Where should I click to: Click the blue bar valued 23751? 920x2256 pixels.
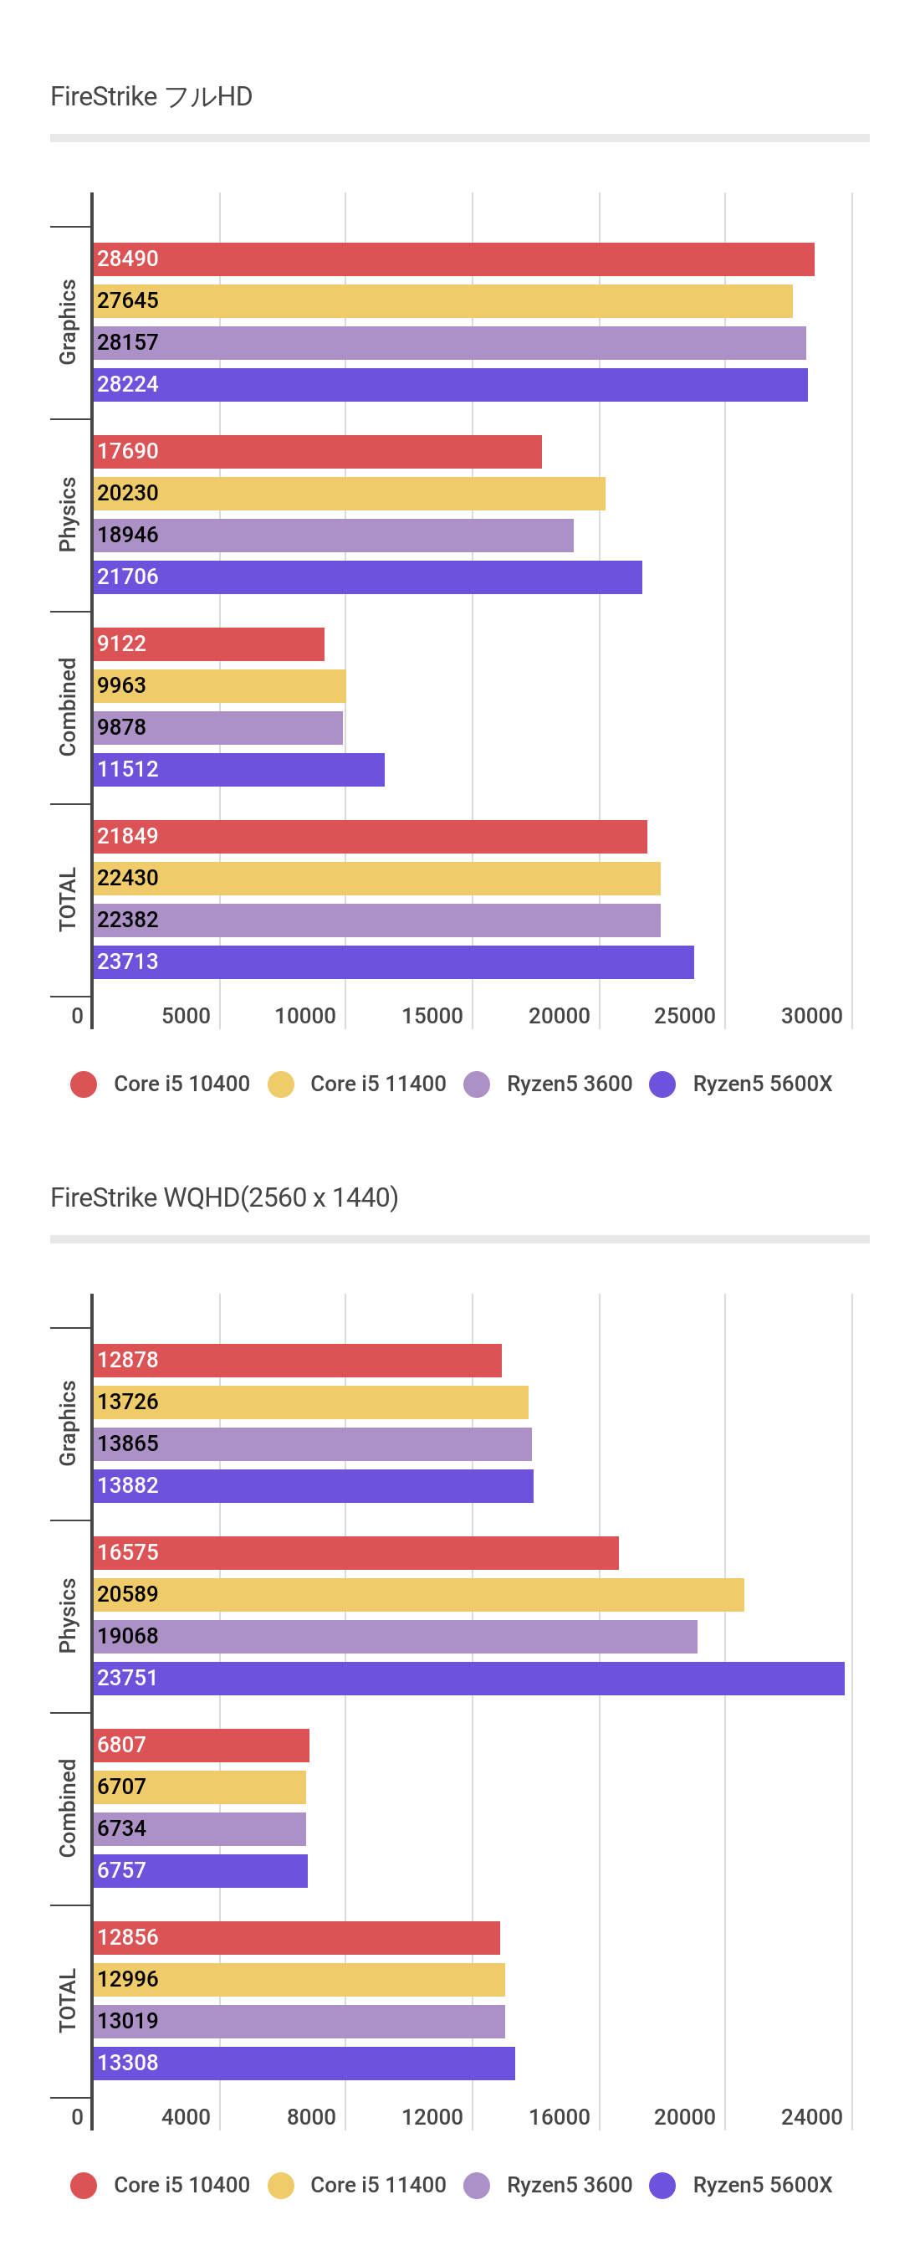[x=469, y=1679]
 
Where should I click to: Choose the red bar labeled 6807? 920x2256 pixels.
[x=202, y=1746]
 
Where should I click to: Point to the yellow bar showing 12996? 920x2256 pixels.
[x=299, y=1980]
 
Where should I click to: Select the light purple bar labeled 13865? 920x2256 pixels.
[x=314, y=1444]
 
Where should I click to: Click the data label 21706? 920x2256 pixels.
[x=128, y=577]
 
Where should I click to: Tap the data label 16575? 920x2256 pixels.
[x=128, y=1553]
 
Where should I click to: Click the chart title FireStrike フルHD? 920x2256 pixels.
[x=151, y=96]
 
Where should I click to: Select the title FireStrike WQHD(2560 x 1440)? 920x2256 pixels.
[x=224, y=1197]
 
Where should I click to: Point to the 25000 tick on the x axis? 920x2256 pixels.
[x=684, y=1016]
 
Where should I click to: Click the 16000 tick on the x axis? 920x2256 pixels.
[x=559, y=2117]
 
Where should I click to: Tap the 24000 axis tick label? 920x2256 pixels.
[x=811, y=2117]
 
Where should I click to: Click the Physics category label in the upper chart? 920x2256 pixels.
[x=68, y=514]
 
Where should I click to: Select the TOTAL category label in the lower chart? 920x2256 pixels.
[x=68, y=2001]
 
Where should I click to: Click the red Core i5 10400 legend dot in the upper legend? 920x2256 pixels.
[x=84, y=1084]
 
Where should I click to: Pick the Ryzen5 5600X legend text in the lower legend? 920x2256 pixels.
[x=763, y=2185]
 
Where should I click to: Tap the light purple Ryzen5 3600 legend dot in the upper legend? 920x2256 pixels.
[x=477, y=1084]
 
